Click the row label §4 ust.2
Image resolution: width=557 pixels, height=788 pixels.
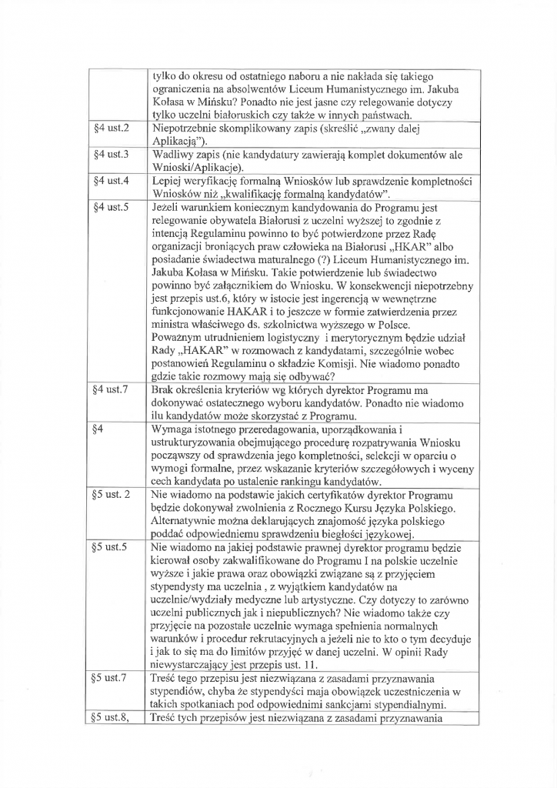click(111, 126)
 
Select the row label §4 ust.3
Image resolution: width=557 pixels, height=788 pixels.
click(111, 155)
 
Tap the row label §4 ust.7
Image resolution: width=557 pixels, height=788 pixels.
click(111, 390)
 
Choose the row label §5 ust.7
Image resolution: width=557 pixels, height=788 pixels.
click(111, 679)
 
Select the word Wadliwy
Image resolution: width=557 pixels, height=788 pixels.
click(175, 155)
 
